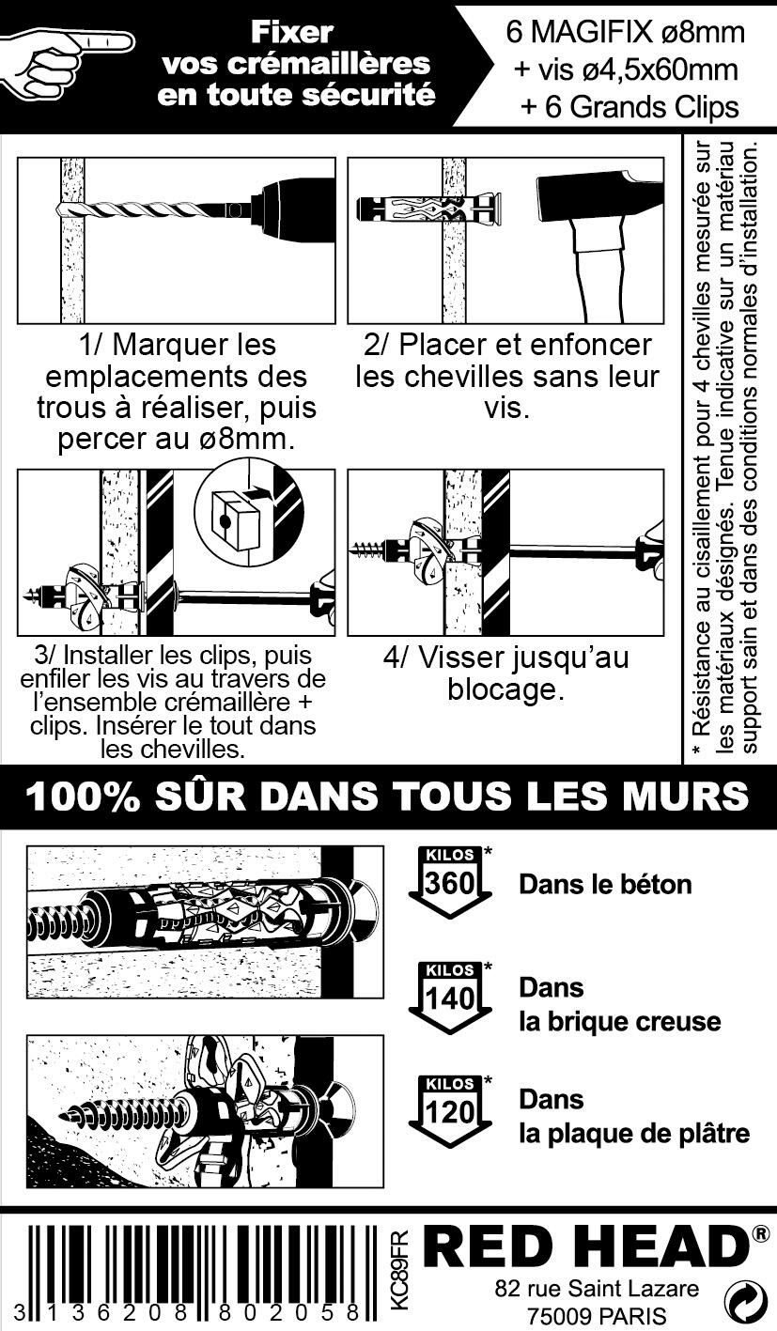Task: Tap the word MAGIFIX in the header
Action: [x=592, y=32]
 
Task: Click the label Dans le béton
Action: [x=605, y=885]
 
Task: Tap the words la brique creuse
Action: [x=620, y=1022]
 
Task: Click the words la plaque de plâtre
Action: [x=634, y=1134]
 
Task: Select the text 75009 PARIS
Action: [x=597, y=1315]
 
